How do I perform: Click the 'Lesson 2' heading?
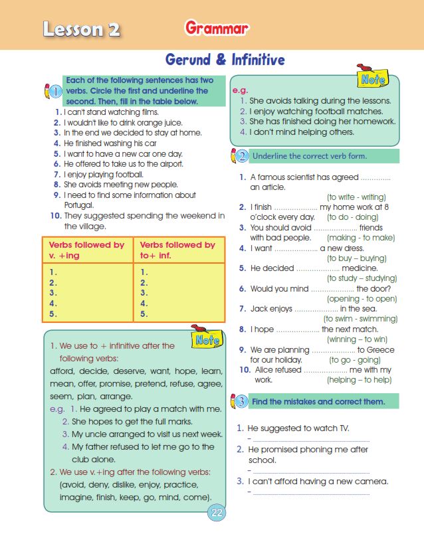[73, 29]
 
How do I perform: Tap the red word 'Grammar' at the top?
[217, 28]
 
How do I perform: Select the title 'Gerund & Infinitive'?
[225, 60]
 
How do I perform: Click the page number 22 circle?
[217, 512]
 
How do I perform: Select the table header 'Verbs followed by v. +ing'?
[87, 250]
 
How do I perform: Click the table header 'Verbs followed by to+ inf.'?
[177, 250]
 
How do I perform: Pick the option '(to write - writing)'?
[356, 197]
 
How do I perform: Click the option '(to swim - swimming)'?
[360, 319]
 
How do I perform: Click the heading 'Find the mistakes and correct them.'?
[318, 402]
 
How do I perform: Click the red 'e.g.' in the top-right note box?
[239, 90]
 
